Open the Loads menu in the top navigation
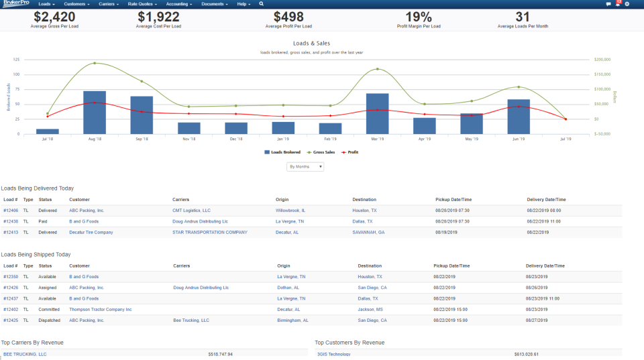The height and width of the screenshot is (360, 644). (46, 4)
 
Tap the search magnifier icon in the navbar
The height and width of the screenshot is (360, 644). (261, 4)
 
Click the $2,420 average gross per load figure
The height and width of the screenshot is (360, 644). (54, 17)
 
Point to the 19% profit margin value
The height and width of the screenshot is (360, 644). (418, 17)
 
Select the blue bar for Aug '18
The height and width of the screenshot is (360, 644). (95, 112)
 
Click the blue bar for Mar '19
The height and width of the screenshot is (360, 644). (378, 113)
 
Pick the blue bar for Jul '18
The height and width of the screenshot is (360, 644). (48, 131)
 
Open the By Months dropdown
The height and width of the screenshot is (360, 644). (305, 167)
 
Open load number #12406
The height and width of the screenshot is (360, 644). (11, 210)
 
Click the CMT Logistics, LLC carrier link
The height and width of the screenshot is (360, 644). (191, 210)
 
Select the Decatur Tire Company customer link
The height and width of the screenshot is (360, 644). (91, 232)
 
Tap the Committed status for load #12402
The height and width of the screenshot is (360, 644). (47, 309)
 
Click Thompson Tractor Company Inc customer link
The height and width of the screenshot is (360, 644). (100, 309)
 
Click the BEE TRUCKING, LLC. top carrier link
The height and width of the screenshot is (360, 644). (25, 354)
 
